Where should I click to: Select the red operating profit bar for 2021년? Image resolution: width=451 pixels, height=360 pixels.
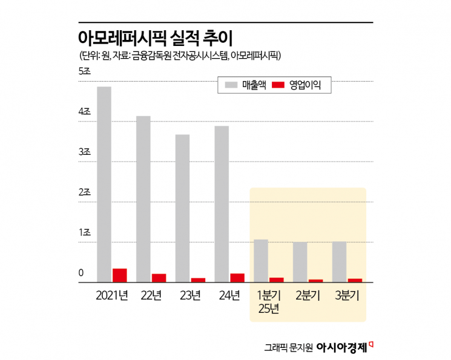pyautogui.click(x=120, y=275)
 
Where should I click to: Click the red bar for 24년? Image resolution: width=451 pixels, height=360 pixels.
pyautogui.click(x=237, y=278)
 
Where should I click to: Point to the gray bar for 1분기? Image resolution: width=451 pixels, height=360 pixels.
pyautogui.click(x=261, y=261)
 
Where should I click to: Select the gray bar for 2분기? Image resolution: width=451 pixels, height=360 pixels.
pyautogui.click(x=300, y=262)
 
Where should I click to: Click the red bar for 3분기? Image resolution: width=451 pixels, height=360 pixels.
pyautogui.click(x=355, y=280)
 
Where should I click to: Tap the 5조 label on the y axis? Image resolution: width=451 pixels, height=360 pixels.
pyautogui.click(x=84, y=71)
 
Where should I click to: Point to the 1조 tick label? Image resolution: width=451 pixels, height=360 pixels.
pyautogui.click(x=84, y=233)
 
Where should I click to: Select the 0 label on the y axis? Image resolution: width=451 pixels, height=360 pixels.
pyautogui.click(x=81, y=273)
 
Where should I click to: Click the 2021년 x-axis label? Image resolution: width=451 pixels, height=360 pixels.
pyautogui.click(x=112, y=296)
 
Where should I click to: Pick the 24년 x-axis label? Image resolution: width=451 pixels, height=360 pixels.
pyautogui.click(x=230, y=296)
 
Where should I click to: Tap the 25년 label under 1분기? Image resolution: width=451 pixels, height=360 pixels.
pyautogui.click(x=269, y=310)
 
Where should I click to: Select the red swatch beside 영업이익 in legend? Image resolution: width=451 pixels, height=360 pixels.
pyautogui.click(x=278, y=86)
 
